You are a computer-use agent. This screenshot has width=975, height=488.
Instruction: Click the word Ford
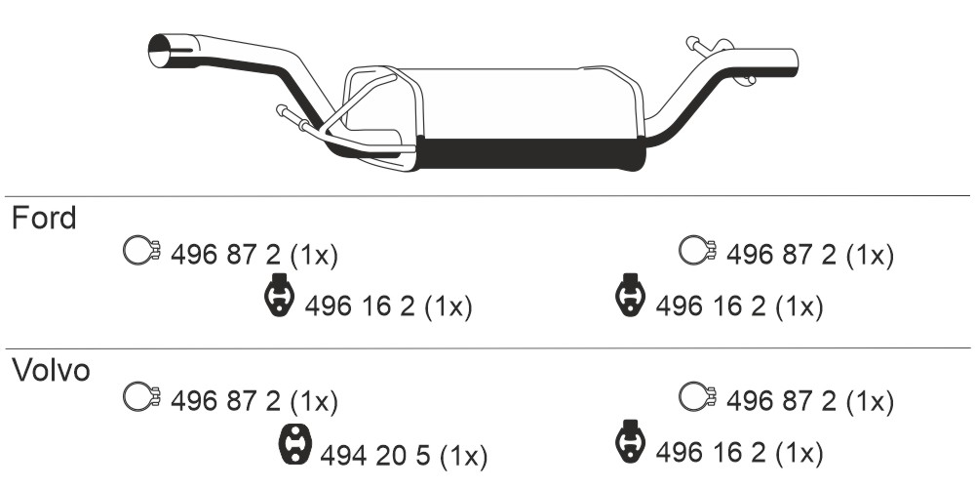coord(44,218)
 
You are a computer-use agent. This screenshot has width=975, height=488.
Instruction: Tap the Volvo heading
coord(52,370)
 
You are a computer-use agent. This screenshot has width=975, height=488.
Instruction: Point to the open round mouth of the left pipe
coord(160,51)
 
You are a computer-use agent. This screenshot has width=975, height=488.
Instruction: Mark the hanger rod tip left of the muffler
coord(282,111)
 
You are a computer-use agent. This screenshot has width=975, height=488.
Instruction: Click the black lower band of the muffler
coord(529,153)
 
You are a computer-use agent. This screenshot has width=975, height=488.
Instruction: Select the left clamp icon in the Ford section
coord(142,251)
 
